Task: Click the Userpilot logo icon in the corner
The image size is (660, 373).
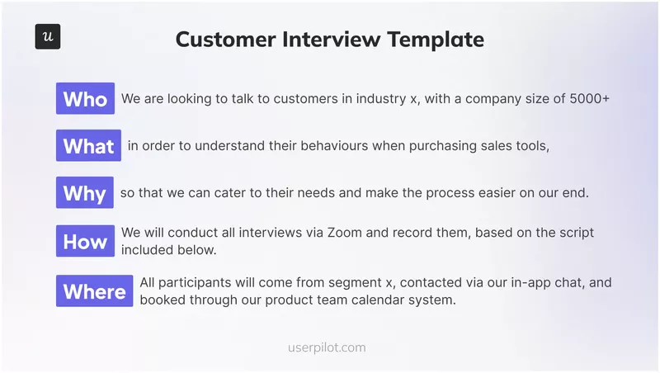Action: pyautogui.click(x=48, y=37)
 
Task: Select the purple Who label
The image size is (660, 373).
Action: pyautogui.click(x=85, y=99)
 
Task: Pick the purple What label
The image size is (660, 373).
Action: pyautogui.click(x=88, y=146)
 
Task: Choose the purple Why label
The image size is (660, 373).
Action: pyautogui.click(x=84, y=193)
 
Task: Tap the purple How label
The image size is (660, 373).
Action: pyautogui.click(x=85, y=241)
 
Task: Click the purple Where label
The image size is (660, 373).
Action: pyautogui.click(x=94, y=290)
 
